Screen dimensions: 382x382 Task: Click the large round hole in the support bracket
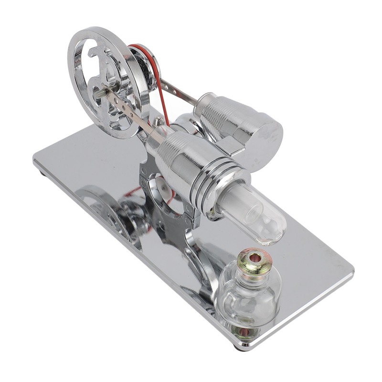(x=160, y=189)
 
